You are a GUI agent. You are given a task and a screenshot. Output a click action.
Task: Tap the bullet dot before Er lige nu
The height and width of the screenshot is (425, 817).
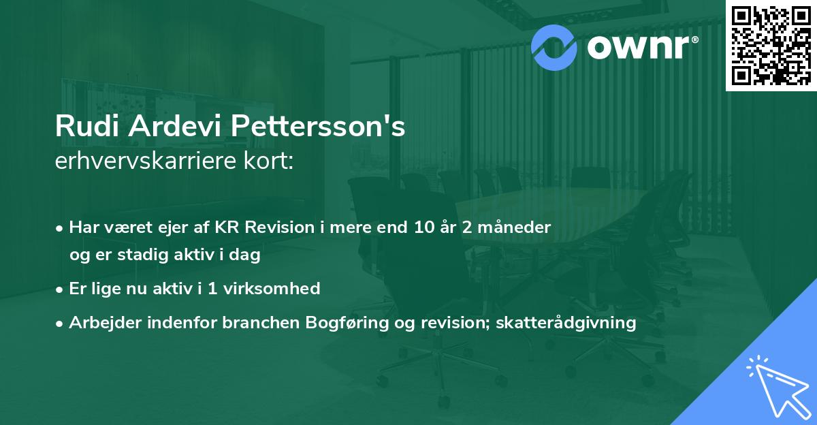[61, 289]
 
